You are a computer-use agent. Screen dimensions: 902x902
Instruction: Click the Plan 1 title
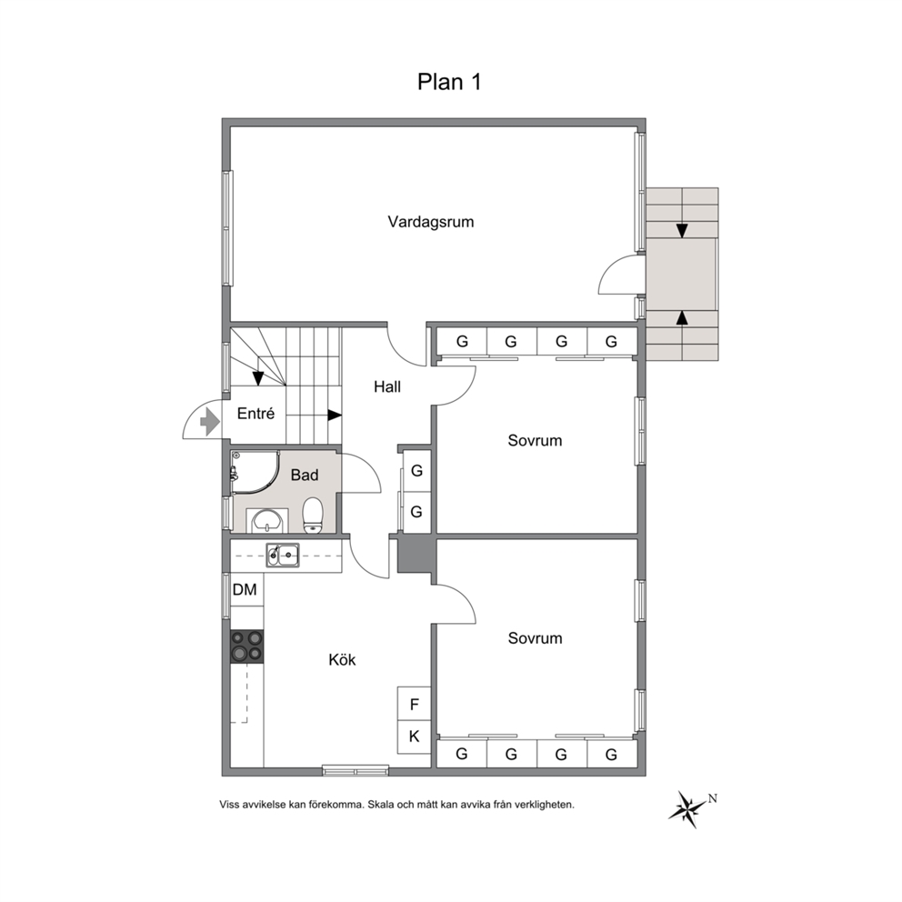coord(448,82)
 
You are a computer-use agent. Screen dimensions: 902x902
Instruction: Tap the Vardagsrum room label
coord(431,222)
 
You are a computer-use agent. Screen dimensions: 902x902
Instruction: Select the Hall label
coord(387,386)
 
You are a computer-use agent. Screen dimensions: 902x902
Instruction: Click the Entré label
coord(256,413)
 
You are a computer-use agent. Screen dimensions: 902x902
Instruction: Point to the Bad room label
coord(305,476)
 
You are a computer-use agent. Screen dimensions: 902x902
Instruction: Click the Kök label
coord(342,659)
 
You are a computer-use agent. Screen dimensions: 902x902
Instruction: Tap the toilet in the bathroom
coord(313,515)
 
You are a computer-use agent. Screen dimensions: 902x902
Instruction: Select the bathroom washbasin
coord(267,521)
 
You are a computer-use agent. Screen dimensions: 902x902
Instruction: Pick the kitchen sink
coord(283,556)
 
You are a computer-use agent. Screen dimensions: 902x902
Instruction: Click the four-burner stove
coord(246,646)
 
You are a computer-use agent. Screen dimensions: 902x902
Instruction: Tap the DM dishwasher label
coord(245,589)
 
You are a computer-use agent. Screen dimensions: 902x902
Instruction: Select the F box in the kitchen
coord(415,704)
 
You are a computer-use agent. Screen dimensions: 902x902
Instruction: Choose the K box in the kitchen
coord(415,737)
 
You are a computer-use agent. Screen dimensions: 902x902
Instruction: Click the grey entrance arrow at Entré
coord(210,422)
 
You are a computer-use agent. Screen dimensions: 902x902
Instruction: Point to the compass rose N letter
coord(713,797)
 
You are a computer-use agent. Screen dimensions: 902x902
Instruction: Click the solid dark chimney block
coord(416,553)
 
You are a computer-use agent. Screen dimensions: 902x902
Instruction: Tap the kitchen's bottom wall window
coord(356,771)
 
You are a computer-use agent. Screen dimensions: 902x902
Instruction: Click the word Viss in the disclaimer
coord(229,805)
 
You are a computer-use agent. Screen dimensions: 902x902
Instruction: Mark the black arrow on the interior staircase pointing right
coord(335,415)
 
